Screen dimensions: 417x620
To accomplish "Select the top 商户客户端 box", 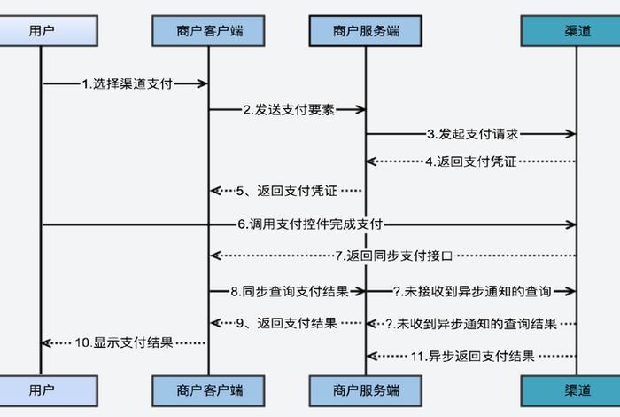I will tap(208, 31).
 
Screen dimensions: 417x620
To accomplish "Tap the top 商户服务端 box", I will tap(366, 31).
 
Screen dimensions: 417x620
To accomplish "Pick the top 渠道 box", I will tap(577, 31).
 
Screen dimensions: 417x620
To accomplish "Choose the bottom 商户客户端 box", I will tap(208, 389).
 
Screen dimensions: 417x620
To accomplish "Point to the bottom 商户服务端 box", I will tap(366, 389).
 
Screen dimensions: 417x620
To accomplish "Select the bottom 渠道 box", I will tap(577, 389).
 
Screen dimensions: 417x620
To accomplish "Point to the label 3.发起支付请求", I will tap(472, 135).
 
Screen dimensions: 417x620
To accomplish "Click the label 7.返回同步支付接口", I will tap(394, 256).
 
